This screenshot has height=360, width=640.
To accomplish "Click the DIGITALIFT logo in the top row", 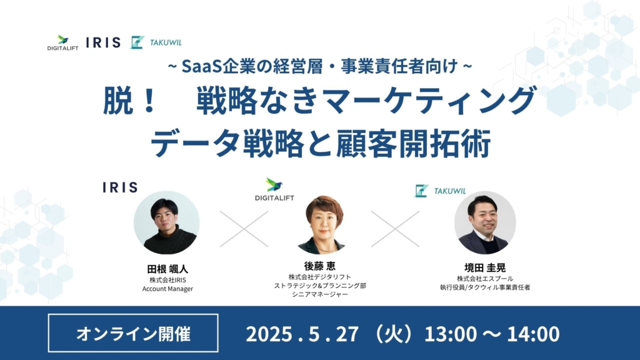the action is point(62,42).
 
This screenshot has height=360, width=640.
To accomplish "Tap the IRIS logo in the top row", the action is point(103,42).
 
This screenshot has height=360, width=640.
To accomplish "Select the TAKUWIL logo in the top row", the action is point(156,42).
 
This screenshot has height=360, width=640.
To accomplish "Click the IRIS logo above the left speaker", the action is point(120,187).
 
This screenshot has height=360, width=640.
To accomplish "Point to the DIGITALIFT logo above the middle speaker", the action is point(274,189).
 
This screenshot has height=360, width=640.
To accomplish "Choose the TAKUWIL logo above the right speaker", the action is point(440,191).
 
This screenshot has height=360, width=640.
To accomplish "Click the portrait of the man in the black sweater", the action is point(166,223).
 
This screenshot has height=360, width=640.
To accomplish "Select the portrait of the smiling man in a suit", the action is point(485,223).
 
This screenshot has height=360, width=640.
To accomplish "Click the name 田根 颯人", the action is point(167,269).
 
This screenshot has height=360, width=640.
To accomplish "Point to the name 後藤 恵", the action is point(319,266).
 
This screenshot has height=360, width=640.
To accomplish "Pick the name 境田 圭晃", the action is point(485,267).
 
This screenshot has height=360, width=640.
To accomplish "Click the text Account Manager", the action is point(167,289).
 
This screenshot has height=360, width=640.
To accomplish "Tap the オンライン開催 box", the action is point(133,333).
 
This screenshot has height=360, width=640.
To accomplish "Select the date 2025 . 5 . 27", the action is point(302,334).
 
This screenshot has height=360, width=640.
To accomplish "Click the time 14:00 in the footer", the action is point(533,334).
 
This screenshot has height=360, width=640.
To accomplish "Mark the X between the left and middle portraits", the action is point(244,229).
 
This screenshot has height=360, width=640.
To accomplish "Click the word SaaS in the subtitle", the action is point(202,66).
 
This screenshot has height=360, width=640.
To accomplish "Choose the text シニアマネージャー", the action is point(320,294).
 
